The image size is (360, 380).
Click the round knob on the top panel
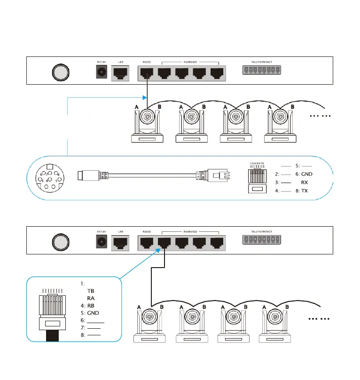[60, 72]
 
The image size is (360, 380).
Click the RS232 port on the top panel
[147, 73]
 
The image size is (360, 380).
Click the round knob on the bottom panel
[60, 243]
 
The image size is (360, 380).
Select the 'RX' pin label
[305, 182]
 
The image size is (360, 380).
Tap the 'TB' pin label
[91, 291]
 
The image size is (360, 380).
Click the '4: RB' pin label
[87, 306]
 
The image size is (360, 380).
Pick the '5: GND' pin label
[90, 313]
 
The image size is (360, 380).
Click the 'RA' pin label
[91, 298]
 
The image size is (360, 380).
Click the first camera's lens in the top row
[148, 117]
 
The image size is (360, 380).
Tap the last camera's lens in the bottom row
[281, 317]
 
